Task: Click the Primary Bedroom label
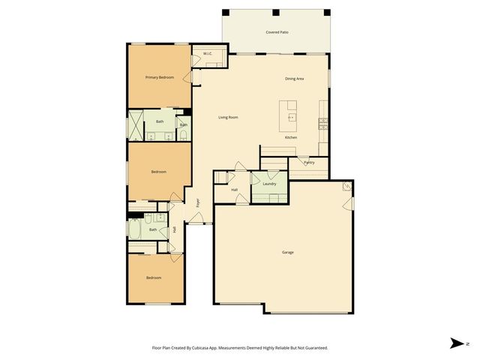coord(160,78)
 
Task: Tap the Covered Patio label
coord(277,32)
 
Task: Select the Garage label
coord(288,252)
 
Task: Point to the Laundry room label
coord(270,184)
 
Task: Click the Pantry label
coord(309,163)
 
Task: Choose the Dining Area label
coord(294,79)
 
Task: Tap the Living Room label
coord(228,118)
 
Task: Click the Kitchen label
coord(291,138)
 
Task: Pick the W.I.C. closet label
coord(208,54)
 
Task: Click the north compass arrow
coord(456,343)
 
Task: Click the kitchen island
coord(289,116)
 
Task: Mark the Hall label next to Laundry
coord(234,190)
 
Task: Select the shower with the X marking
coord(136,125)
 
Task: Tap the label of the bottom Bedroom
coord(154,278)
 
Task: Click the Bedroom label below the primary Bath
coord(158,172)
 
